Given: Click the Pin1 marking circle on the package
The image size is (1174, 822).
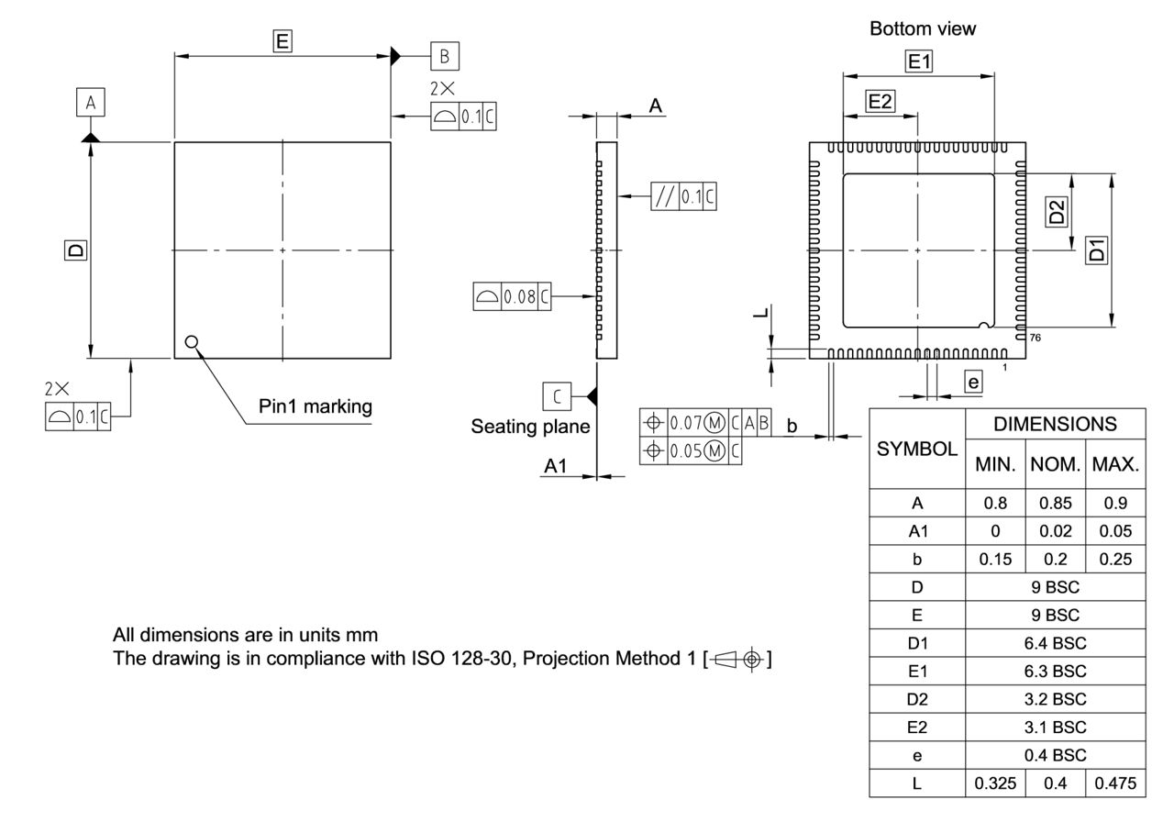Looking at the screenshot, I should [191, 342].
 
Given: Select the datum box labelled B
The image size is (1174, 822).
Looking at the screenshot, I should [445, 56].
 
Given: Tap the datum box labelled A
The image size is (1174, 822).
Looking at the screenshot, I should [90, 104].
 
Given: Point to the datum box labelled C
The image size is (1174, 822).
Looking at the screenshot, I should [556, 395].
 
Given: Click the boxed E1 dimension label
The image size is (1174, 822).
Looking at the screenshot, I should [919, 61].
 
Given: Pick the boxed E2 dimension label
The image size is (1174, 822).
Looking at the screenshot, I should [880, 102].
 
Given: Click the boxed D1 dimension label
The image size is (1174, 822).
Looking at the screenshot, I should [1096, 249].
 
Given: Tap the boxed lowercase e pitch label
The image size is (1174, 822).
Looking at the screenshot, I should [973, 381].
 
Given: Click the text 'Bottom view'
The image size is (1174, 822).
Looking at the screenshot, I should [923, 29].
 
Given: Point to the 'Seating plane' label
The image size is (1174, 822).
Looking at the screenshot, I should [530, 427].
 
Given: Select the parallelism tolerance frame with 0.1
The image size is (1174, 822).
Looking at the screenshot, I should [683, 196].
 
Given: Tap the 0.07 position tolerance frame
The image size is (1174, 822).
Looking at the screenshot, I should [705, 423].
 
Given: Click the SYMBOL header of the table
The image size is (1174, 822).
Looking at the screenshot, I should [917, 449].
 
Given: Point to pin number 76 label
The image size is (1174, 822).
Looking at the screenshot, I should [1035, 338].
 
